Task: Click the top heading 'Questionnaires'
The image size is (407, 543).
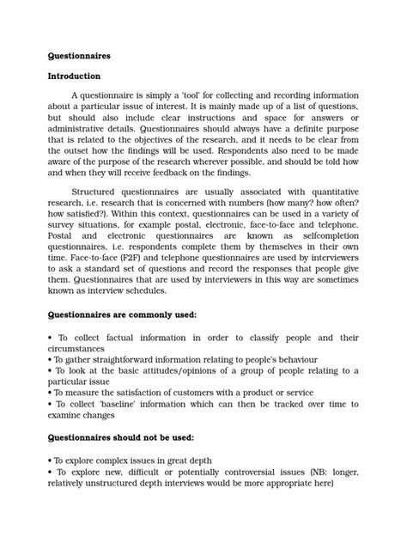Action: click(79, 56)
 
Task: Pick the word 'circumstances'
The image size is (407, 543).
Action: click(81, 350)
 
